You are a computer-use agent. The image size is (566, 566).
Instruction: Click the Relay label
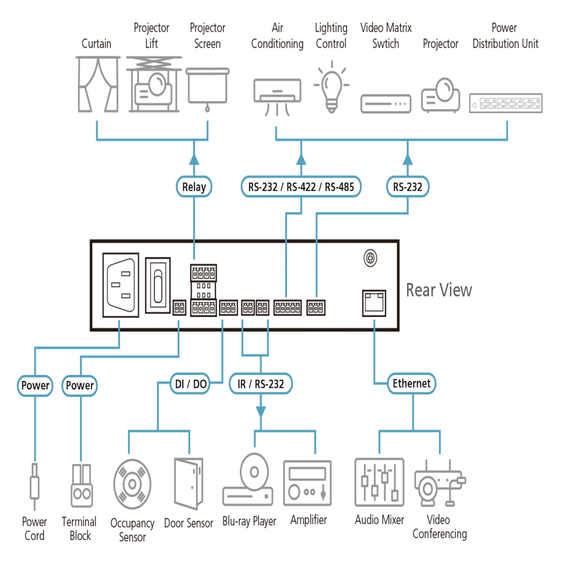coord(194,187)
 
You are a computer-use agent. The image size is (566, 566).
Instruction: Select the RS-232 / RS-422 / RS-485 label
coord(301,187)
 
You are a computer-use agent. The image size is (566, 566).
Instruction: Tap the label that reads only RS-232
coord(407,187)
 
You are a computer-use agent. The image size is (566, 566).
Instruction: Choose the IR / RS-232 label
coord(260,384)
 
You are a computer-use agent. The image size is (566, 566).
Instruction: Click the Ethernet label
coord(411,383)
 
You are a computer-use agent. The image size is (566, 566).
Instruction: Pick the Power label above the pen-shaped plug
coord(35,385)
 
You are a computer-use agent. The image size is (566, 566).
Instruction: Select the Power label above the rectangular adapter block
coord(80,385)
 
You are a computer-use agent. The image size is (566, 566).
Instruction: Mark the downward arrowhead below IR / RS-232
coord(260,407)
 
